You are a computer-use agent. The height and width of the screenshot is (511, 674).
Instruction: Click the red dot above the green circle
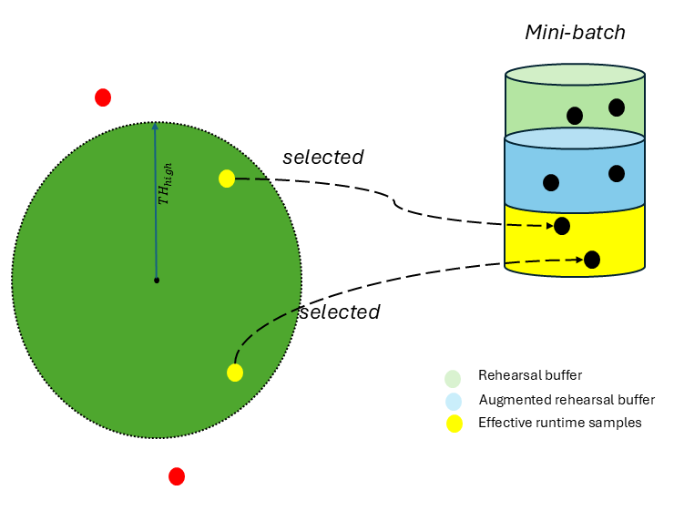pyautogui.click(x=103, y=97)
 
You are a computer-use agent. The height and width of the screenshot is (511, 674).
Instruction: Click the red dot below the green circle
pyautogui.click(x=177, y=476)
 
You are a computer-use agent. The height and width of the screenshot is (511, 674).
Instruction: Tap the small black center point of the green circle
pyautogui.click(x=157, y=281)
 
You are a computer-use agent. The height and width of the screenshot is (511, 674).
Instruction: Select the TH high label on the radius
pyautogui.click(x=165, y=182)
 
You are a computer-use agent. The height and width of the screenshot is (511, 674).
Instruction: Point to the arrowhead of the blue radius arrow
pyautogui.click(x=155, y=128)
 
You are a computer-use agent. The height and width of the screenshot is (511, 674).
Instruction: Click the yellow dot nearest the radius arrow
pyautogui.click(x=227, y=179)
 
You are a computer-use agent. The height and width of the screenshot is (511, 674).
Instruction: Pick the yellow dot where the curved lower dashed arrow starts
pyautogui.click(x=235, y=373)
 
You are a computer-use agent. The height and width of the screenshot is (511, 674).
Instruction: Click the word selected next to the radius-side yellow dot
pyautogui.click(x=322, y=157)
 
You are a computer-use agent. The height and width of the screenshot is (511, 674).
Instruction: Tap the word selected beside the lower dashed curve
pyautogui.click(x=339, y=312)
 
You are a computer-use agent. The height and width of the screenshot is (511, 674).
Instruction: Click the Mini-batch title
pyautogui.click(x=575, y=33)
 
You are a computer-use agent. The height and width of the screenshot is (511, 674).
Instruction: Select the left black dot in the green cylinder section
pyautogui.click(x=575, y=116)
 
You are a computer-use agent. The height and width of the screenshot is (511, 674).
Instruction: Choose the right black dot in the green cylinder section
pyautogui.click(x=617, y=107)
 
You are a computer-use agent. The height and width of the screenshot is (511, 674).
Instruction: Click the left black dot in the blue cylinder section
pyautogui.click(x=551, y=182)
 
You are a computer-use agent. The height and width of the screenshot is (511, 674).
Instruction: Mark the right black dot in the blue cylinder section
pyautogui.click(x=617, y=173)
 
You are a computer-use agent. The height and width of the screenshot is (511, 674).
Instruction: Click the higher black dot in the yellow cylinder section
pyautogui.click(x=562, y=226)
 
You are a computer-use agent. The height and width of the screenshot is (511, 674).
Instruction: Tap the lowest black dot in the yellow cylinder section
pyautogui.click(x=592, y=260)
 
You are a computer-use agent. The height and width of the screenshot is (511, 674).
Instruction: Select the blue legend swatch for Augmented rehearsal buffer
pyautogui.click(x=453, y=401)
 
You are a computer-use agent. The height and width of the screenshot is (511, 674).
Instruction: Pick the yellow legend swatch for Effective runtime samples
pyautogui.click(x=453, y=423)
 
